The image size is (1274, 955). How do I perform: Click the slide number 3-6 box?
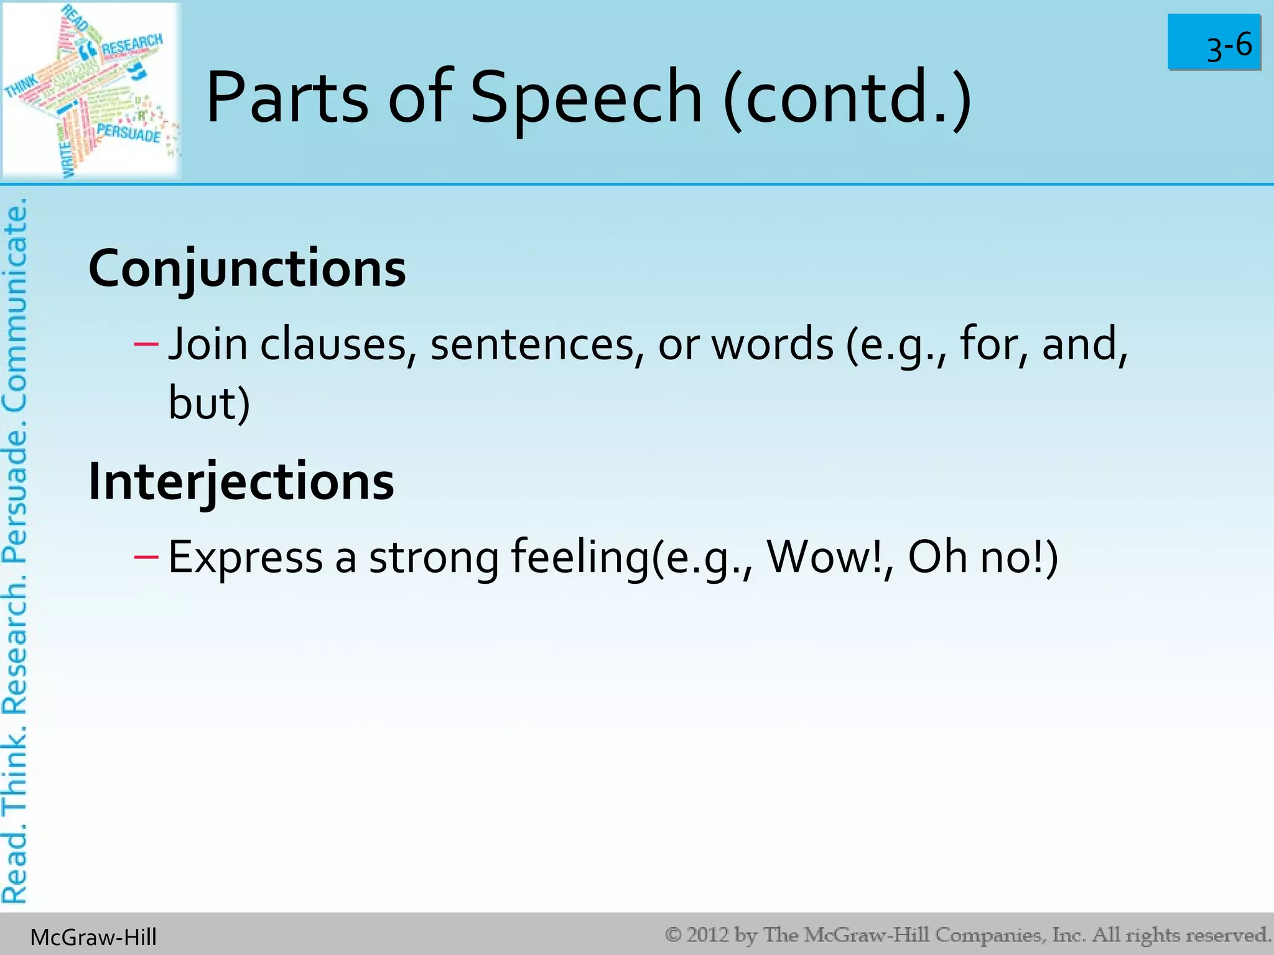(x=1214, y=42)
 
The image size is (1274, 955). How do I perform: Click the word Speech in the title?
(x=585, y=98)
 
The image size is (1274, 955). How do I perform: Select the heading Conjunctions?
(x=247, y=269)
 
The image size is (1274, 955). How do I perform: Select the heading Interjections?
(x=241, y=482)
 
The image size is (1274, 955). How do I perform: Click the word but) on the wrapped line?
(x=209, y=403)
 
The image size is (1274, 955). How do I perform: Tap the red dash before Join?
(x=146, y=343)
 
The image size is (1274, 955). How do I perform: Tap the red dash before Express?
(x=146, y=556)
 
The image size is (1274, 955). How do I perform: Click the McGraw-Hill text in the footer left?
(x=93, y=937)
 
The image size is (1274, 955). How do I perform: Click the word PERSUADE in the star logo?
(x=129, y=133)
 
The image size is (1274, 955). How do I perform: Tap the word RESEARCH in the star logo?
(x=131, y=45)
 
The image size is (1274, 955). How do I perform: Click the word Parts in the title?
(x=287, y=98)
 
